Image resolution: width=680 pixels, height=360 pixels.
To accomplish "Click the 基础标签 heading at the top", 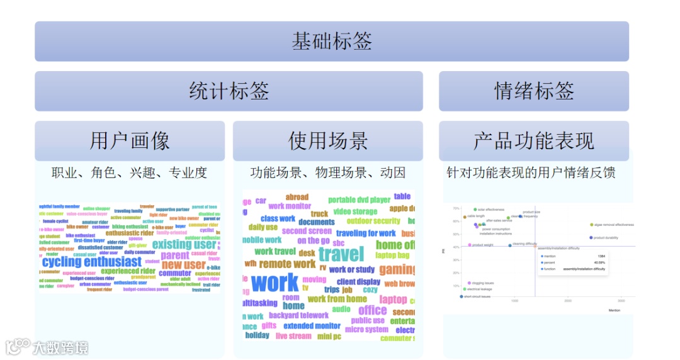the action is click(332, 42).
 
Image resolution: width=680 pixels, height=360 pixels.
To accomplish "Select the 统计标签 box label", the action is click(229, 91).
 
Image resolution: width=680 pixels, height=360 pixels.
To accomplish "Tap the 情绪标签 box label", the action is click(533, 91).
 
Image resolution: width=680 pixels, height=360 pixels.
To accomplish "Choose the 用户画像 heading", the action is click(129, 141).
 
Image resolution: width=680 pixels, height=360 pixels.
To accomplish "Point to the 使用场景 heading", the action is click(327, 141).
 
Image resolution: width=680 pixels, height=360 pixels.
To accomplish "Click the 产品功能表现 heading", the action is click(533, 141).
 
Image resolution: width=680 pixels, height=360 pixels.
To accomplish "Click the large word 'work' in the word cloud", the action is click(275, 283).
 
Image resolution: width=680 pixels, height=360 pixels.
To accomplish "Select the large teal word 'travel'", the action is click(341, 254).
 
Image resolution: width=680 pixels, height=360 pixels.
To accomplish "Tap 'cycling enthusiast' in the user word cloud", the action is click(92, 262).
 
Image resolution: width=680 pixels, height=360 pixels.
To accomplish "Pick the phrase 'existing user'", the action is click(184, 244).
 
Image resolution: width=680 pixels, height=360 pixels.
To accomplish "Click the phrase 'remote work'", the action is click(287, 264).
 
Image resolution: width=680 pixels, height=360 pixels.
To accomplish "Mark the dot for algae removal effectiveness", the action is click(591, 225).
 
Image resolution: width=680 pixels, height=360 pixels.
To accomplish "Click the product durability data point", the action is click(591, 238).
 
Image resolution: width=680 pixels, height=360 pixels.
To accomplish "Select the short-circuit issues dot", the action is click(461, 296).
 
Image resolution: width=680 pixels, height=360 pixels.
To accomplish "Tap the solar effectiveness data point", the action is click(475, 210).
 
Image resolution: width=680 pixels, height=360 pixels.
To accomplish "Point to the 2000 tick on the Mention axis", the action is click(568, 301).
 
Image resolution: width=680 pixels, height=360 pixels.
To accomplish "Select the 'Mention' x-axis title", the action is click(614, 311).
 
